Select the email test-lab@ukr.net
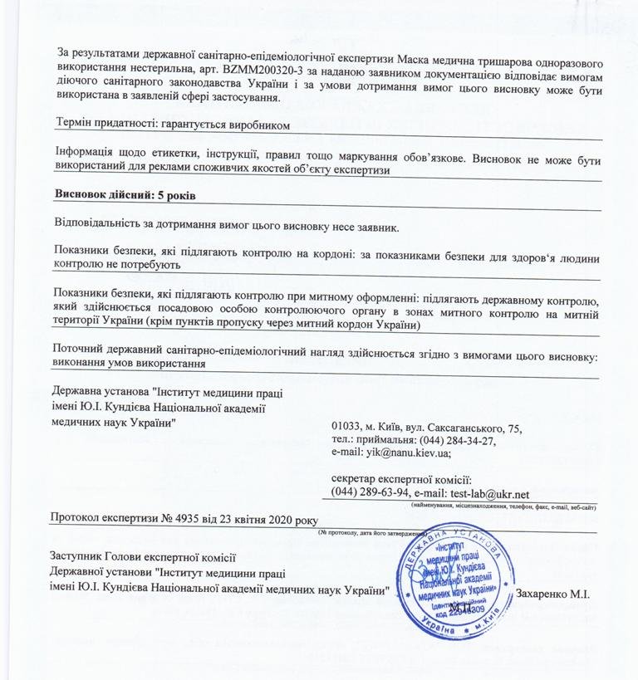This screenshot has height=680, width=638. (489, 494)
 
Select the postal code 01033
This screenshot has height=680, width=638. (346, 428)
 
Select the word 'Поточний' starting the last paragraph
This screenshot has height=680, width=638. (77, 349)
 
